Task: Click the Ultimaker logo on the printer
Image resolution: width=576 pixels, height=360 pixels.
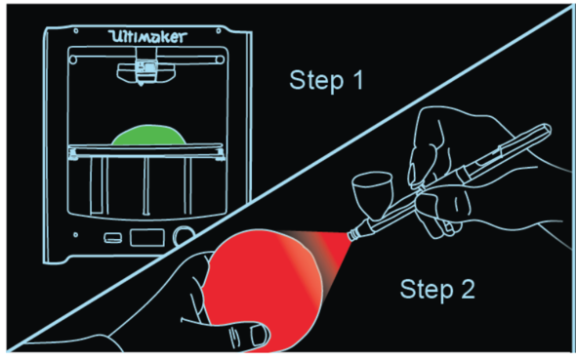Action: click(147, 36)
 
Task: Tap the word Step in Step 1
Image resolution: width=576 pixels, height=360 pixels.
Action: click(316, 81)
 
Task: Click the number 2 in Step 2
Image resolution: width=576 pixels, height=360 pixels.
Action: click(468, 289)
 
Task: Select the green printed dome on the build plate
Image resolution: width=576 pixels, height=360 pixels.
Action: click(148, 135)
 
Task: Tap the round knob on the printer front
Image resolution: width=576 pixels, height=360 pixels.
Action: click(184, 235)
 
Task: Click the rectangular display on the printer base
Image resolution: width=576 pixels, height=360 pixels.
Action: click(147, 238)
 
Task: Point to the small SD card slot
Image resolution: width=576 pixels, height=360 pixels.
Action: click(113, 238)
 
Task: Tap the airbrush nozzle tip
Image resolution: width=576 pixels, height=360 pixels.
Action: click(351, 235)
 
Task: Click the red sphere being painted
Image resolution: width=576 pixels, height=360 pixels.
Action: click(263, 290)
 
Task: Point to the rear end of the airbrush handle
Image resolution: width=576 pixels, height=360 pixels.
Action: click(547, 129)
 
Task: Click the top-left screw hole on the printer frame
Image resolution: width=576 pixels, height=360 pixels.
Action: click(76, 31)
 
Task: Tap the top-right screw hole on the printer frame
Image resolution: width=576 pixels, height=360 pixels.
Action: click(219, 31)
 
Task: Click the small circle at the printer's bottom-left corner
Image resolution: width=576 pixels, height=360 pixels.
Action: click(76, 235)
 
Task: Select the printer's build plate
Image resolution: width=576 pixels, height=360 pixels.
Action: click(146, 150)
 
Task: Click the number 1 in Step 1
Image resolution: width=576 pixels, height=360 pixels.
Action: click(359, 79)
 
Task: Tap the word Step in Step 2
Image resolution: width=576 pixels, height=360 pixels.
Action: click(427, 290)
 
